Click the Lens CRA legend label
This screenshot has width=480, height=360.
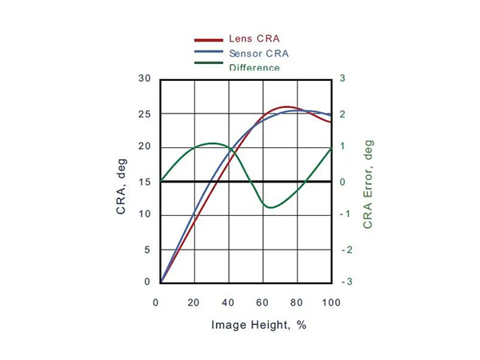pyautogui.click(x=254, y=38)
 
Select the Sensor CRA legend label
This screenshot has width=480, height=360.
pyautogui.click(x=258, y=54)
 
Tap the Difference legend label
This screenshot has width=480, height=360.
pyautogui.click(x=254, y=67)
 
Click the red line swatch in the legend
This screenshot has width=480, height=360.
pyautogui.click(x=209, y=39)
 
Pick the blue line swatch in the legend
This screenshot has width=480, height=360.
pyautogui.click(x=209, y=54)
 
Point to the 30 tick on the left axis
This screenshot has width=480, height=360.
pyautogui.click(x=144, y=78)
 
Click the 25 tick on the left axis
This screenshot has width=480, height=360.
pyautogui.click(x=144, y=114)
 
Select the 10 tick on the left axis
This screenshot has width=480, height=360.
pyautogui.click(x=144, y=214)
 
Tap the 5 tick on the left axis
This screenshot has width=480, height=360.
pyautogui.click(x=146, y=249)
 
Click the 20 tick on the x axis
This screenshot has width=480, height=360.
pyautogui.click(x=194, y=302)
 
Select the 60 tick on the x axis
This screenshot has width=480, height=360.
pyautogui.click(x=262, y=302)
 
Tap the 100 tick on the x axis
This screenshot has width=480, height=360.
pyautogui.click(x=330, y=302)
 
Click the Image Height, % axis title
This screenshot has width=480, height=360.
pyautogui.click(x=258, y=325)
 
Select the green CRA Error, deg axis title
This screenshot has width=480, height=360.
pyautogui.click(x=369, y=185)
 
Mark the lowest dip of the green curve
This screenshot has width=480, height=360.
pyautogui.click(x=270, y=208)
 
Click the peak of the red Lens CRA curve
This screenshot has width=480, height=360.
pyautogui.click(x=287, y=106)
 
